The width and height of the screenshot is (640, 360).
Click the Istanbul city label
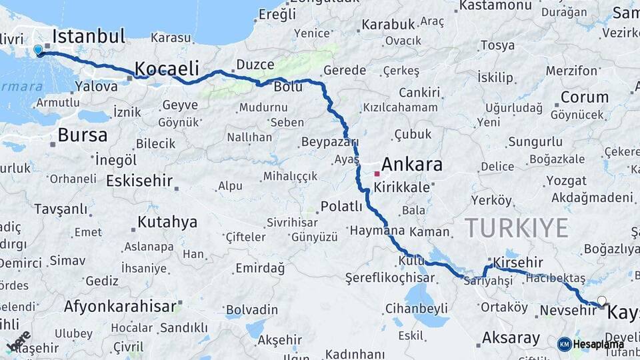click(89, 36)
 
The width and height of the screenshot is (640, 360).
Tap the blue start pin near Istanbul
click(38, 50)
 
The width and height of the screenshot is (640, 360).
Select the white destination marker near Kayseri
click(602, 301)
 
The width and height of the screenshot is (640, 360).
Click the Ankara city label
click(412, 164)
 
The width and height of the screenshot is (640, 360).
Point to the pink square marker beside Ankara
click(377, 173)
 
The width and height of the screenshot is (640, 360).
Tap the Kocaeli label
click(167, 68)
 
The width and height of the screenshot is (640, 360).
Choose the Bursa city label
click(82, 135)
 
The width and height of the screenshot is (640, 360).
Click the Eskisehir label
click(139, 181)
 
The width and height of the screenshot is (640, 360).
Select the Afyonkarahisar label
click(121, 307)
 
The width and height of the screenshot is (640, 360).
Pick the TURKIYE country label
click(517, 227)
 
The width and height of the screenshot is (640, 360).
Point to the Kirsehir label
click(518, 262)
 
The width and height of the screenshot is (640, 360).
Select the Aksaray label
click(511, 337)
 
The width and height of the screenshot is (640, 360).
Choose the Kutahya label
click(167, 221)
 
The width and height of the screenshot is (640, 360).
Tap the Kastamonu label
click(494, 5)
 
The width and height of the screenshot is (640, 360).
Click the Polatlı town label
click(341, 205)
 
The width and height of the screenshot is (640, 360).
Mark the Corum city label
click(584, 97)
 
